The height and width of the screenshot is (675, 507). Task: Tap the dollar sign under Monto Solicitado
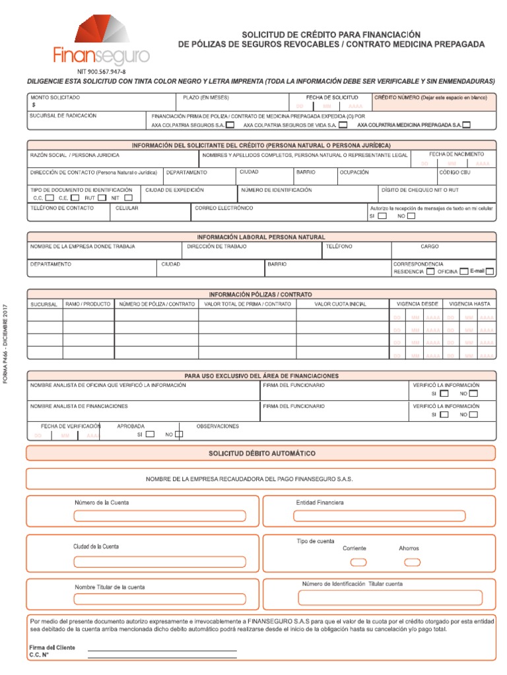click(34, 105)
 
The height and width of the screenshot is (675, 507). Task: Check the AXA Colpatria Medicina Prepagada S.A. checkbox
click(467, 125)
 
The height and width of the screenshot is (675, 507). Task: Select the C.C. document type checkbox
click(50, 197)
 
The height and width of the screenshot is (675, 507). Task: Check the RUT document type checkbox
click(102, 197)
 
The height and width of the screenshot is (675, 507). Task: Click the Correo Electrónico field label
click(224, 208)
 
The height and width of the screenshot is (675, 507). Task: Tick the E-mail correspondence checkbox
click(490, 271)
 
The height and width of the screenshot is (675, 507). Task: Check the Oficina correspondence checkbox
click(464, 271)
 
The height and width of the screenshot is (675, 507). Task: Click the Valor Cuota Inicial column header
click(340, 305)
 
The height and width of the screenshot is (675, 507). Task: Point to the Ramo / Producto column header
click(88, 305)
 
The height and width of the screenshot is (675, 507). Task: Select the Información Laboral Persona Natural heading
click(261, 237)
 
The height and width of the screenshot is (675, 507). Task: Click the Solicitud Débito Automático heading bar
click(261, 454)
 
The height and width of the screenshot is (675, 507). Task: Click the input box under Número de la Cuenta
click(159, 515)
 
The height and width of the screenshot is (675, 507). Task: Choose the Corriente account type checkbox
click(358, 562)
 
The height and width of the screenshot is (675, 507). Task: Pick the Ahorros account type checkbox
click(412, 562)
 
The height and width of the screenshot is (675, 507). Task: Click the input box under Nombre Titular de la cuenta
click(159, 599)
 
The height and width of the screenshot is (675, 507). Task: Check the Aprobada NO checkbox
click(178, 434)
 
